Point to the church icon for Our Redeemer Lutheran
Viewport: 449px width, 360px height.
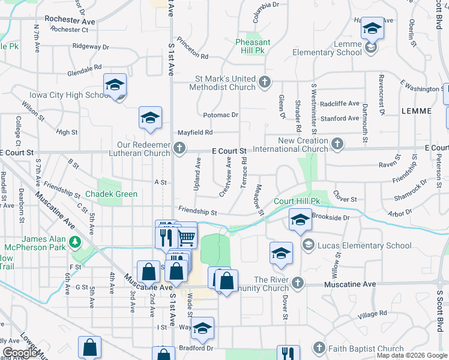(x=179, y=148)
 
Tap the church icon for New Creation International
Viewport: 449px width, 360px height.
(x=337, y=144)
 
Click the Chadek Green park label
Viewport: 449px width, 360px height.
(x=111, y=194)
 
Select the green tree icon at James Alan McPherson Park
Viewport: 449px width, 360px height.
(x=75, y=242)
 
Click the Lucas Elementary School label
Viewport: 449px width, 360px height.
(x=364, y=245)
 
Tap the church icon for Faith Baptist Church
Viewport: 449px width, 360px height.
(x=319, y=349)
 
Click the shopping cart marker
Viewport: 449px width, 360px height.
(x=186, y=237)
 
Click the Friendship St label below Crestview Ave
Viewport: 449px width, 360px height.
(x=197, y=212)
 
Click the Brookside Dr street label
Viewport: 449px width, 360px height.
(x=331, y=218)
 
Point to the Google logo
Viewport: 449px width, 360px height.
(x=20, y=353)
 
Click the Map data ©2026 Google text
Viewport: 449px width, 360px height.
(x=412, y=355)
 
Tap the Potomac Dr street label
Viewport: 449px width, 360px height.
(x=221, y=115)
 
